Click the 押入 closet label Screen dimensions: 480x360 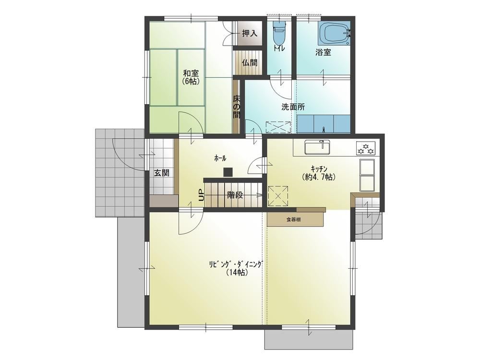250,34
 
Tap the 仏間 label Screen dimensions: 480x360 250,63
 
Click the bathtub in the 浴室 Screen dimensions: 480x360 334,33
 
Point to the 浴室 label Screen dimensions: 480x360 323,52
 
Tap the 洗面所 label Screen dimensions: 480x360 293,107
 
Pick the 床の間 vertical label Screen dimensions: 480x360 237,107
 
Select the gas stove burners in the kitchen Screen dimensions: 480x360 365,148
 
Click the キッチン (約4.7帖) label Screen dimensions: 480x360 319,173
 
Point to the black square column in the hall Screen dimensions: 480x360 228,172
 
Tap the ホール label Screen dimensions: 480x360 220,158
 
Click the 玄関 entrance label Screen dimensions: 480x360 161,173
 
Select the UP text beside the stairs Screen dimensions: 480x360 201,195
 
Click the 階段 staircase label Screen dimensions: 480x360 235,195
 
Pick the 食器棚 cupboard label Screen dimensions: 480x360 293,219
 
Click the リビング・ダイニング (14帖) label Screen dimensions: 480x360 235,268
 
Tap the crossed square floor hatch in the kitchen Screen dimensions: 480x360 278,196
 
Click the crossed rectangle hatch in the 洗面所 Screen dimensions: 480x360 278,127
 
